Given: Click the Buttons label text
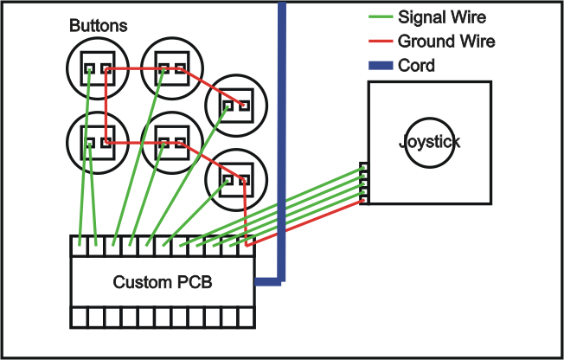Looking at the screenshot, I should (x=99, y=26).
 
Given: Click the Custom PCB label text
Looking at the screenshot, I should (x=163, y=282).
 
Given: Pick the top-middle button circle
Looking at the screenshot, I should (x=170, y=66).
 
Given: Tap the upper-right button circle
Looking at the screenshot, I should (x=235, y=104).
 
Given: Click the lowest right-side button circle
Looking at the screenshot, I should (x=235, y=178).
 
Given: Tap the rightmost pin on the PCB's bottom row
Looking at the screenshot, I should (x=247, y=317).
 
